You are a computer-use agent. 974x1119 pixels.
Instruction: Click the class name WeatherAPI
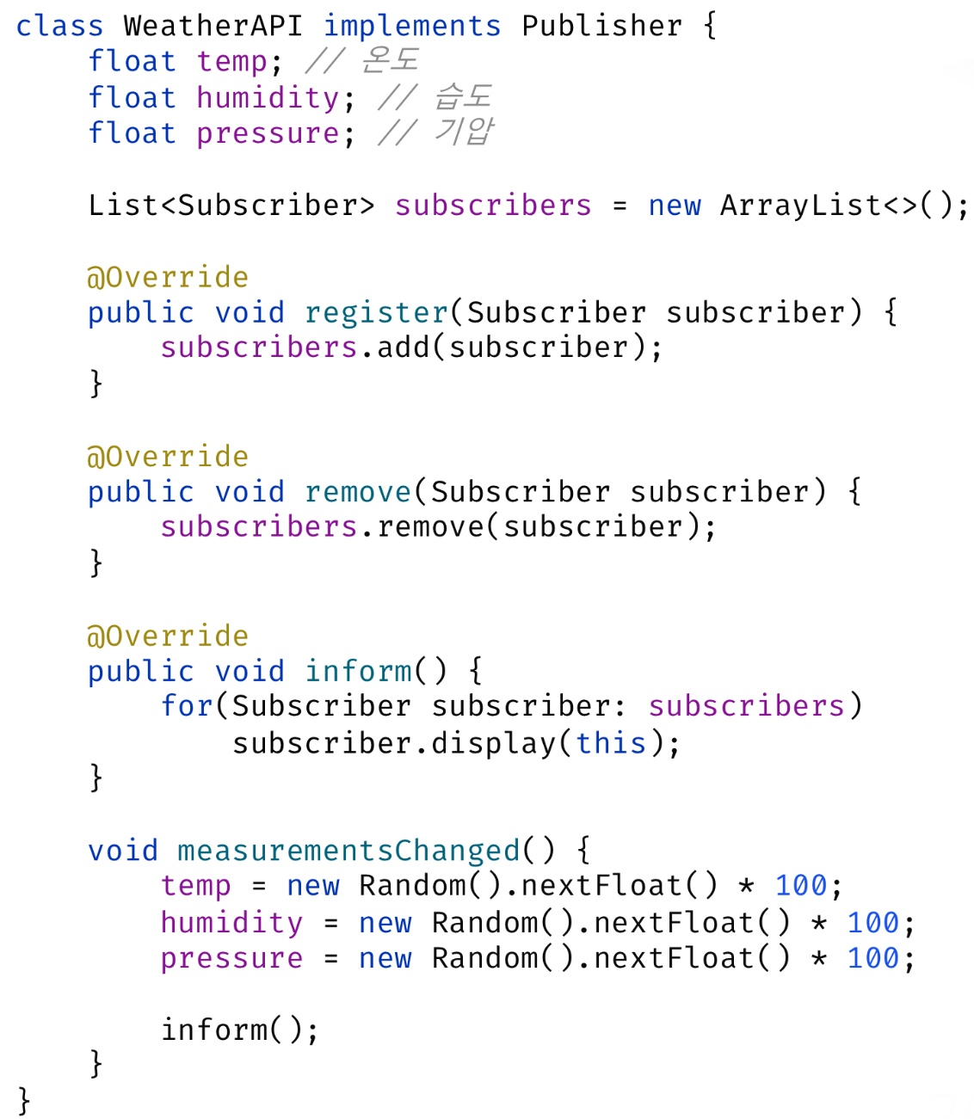point(213,26)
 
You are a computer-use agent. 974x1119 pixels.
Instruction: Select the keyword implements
point(411,26)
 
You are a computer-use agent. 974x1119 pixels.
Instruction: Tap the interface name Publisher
point(601,26)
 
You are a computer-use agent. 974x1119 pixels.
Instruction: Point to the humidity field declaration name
point(268,97)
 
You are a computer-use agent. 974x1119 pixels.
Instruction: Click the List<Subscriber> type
point(231,205)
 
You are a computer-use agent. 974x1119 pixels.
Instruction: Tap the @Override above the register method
point(167,277)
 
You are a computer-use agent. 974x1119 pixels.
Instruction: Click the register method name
point(376,312)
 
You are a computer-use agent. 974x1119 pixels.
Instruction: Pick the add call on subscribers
point(403,347)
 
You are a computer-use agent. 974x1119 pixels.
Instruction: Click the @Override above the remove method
point(167,456)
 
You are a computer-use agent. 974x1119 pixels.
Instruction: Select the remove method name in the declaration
point(358,491)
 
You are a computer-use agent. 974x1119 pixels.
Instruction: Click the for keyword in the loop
point(187,705)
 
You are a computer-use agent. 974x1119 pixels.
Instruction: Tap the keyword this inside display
point(610,742)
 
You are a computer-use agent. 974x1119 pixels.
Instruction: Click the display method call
point(493,742)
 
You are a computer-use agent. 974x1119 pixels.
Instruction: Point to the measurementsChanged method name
point(348,850)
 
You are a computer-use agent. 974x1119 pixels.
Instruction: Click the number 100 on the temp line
point(800,885)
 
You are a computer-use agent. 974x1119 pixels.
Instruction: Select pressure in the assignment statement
point(231,957)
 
